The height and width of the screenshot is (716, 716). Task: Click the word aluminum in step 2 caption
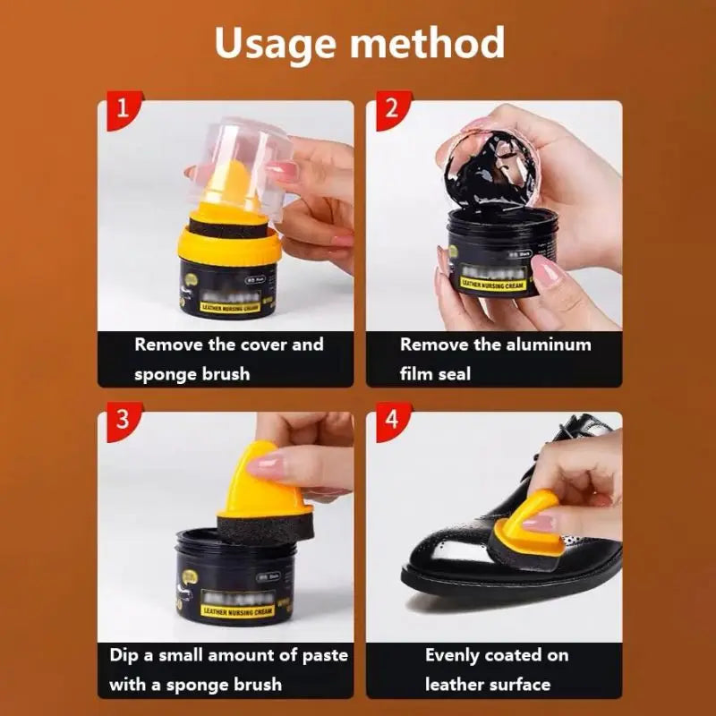coord(545,345)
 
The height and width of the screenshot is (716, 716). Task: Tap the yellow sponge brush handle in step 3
coord(260,479)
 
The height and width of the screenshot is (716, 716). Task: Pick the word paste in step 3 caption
coord(325,655)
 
